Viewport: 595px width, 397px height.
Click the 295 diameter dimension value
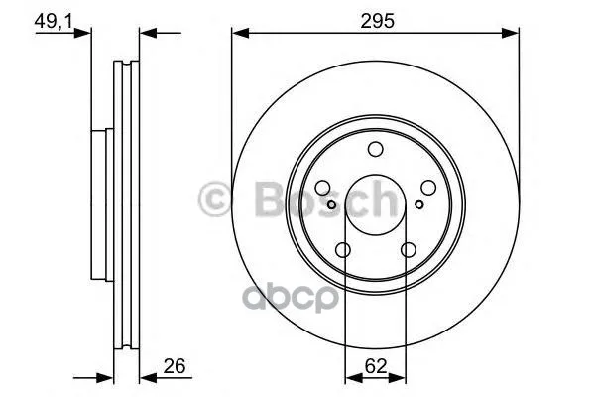[x=377, y=21]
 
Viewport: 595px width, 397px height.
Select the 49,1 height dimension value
[x=54, y=21]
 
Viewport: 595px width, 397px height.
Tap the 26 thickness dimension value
[x=175, y=366]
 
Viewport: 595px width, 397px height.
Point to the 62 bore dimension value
[x=376, y=366]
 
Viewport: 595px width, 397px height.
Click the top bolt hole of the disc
[x=376, y=149]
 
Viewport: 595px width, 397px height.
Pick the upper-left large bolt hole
[x=323, y=188]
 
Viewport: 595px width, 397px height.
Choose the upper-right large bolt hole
[x=428, y=188]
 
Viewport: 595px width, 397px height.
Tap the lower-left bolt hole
[x=343, y=250]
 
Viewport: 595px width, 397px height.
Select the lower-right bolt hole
[x=409, y=250]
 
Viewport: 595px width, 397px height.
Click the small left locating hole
[x=331, y=205]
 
